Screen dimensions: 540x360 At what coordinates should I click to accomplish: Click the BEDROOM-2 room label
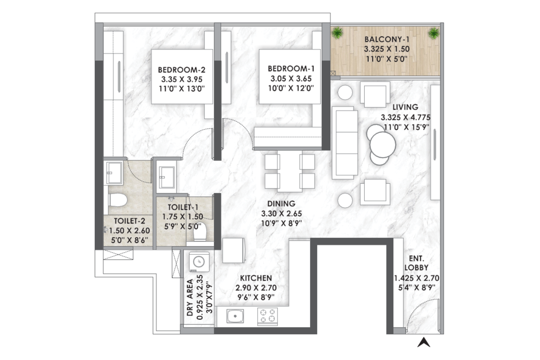coord(182,70)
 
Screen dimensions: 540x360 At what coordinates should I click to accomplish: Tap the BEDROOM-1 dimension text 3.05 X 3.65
coord(291,79)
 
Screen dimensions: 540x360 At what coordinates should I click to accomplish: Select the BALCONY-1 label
coord(387,39)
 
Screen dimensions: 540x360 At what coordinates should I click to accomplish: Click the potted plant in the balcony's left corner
coord(337,33)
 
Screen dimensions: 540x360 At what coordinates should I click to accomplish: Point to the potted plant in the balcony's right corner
coord(434,33)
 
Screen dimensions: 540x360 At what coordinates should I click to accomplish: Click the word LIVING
coord(405,107)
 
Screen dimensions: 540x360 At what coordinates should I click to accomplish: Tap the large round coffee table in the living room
coord(383,145)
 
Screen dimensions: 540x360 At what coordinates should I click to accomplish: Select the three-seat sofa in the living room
coord(345,143)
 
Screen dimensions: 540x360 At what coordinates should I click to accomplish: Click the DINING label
coord(281,203)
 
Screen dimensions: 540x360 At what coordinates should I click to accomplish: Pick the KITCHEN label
coord(256,278)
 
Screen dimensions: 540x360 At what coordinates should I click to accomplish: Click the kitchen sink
coord(235,316)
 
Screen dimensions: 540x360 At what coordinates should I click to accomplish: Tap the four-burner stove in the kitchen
coord(267,316)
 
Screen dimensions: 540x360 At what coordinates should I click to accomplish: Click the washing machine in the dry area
coord(199,262)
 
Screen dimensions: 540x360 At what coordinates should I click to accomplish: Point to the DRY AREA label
coord(190,297)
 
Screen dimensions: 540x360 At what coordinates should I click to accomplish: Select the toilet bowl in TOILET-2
coord(118,200)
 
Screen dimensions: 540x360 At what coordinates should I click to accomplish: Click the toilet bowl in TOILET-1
coord(200,232)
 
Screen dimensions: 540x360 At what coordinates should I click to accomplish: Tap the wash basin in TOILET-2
coord(114,173)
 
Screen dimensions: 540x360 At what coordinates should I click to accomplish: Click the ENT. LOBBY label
coord(416,263)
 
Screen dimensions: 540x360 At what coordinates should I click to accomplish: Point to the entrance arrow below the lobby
coord(424,342)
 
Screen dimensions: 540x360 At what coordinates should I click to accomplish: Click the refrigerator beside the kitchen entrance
coord(234,250)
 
